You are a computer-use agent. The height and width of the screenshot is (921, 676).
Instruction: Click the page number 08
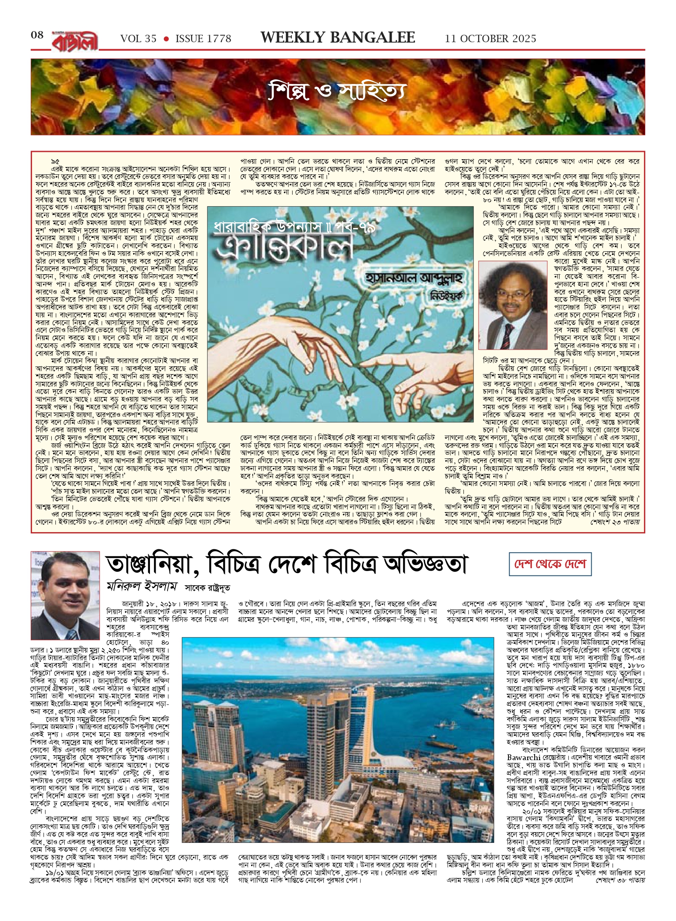point(37,35)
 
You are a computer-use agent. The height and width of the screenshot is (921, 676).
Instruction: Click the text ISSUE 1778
point(203,39)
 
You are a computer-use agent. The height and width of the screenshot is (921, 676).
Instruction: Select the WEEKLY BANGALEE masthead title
point(338,38)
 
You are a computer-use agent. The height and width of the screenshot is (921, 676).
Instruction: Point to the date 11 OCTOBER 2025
point(490,39)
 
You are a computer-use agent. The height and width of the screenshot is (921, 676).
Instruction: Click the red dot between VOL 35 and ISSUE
point(166,39)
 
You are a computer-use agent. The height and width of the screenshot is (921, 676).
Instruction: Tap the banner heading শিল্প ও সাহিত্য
point(338,93)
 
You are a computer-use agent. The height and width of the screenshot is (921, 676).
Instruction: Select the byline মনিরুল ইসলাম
point(142,587)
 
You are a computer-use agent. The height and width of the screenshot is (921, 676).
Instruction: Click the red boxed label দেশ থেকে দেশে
point(550,564)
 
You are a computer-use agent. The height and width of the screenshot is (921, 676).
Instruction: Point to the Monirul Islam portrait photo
point(65,595)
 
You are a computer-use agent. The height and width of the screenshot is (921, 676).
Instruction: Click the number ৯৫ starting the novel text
point(55,162)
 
